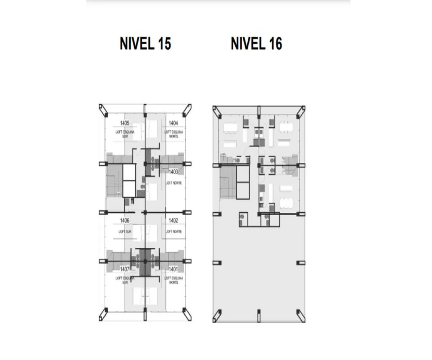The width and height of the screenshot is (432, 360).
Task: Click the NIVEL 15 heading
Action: (145, 44)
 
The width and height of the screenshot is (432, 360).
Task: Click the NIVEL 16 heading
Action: (256, 44)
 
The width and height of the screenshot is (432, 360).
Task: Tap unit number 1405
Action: (125, 123)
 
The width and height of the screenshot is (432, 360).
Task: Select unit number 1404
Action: (174, 123)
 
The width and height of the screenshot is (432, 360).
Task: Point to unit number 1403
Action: (174, 172)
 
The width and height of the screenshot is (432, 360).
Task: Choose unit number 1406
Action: (125, 220)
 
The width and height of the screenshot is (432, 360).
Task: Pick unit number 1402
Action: (174, 220)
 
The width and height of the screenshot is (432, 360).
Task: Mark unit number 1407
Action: (125, 269)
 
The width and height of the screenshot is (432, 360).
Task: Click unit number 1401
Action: (174, 269)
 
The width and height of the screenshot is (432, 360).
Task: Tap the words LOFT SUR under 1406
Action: (125, 231)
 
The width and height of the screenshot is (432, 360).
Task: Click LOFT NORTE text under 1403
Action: (174, 183)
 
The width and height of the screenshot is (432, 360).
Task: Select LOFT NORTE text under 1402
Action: (174, 231)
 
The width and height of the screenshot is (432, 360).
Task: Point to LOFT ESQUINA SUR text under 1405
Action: (125, 134)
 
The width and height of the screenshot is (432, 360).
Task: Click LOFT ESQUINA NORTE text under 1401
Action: (174, 280)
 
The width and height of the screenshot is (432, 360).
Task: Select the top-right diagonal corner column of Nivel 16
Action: (301, 112)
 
